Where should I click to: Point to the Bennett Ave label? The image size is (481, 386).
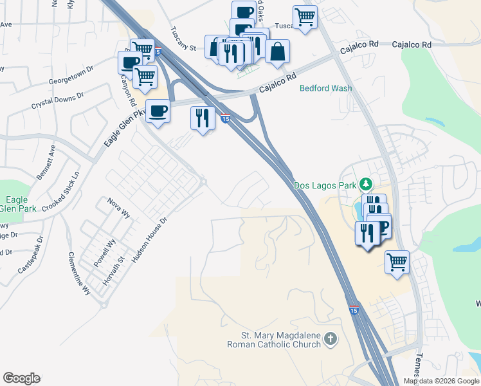[46, 162]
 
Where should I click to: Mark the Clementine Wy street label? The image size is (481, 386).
[80, 273]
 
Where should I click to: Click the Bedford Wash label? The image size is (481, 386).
[325, 88]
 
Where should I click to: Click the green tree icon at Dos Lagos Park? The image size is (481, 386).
[365, 185]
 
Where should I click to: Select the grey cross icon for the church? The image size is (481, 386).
[330, 339]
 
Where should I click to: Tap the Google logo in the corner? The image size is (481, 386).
[21, 378]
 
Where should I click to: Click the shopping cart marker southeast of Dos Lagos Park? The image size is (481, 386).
[397, 262]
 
